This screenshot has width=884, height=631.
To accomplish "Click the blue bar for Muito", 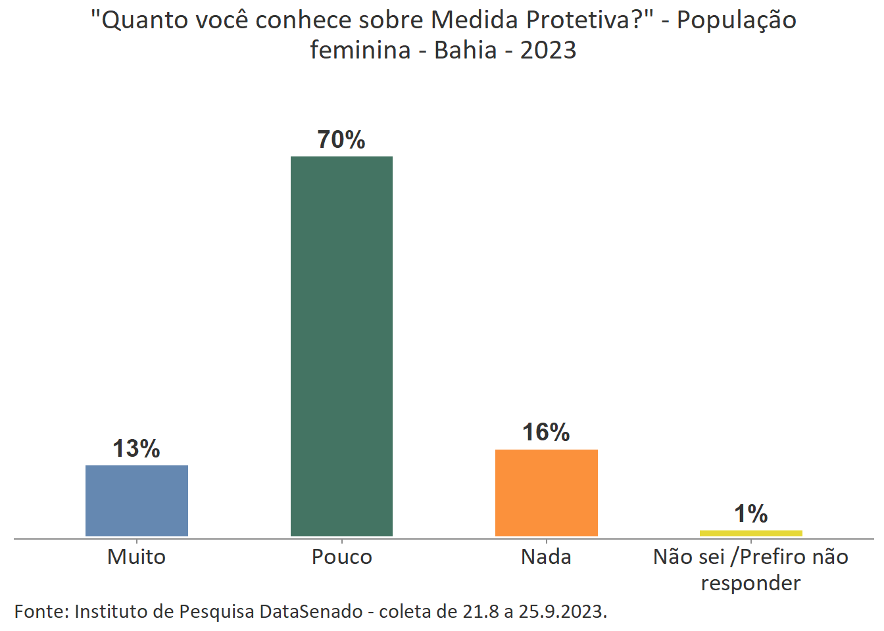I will coord(137,501).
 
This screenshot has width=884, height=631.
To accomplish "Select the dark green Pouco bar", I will coord(341,346).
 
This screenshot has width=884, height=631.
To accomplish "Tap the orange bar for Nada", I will coord(546,493).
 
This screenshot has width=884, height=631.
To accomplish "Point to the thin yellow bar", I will coord(750,533).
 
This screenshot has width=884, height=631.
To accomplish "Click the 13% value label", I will coord(137,449).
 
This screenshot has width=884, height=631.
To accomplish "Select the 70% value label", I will coord(341,140).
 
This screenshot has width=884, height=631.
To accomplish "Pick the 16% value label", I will coord(546,432).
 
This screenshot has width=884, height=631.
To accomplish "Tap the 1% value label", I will coord(750,514).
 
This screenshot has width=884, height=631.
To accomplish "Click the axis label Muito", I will coord(137,557).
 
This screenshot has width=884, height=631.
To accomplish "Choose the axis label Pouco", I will coord(341,557).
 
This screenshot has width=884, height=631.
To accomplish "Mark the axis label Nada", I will coord(546,557).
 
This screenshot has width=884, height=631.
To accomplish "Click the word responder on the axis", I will coord(750,584).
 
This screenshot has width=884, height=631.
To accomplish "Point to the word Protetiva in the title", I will coord(583,21).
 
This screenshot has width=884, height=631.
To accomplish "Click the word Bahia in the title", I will coord(466,51).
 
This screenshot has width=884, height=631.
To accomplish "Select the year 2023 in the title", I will coord(548,51).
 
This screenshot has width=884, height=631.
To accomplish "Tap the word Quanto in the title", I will coord(141,21).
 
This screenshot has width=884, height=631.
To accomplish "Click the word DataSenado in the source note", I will coord(311,612).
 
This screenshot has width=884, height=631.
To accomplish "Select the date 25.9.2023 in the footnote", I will coord(562,612).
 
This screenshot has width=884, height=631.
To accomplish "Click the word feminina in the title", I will coord(360,51).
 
